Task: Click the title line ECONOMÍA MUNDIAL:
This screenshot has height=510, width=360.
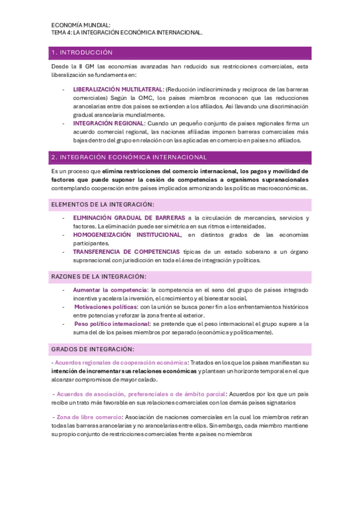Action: pos(81,25)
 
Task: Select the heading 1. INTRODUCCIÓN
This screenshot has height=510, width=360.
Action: pos(82,52)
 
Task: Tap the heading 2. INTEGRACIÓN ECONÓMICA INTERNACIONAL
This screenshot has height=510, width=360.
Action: pos(129,157)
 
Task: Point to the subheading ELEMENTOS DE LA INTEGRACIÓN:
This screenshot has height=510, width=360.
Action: pos(102,204)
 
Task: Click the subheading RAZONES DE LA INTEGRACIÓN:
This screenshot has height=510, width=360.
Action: pos(99,276)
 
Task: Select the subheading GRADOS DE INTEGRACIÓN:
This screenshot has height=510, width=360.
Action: pos(93,349)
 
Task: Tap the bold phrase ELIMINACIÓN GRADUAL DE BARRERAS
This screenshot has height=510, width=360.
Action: pos(129,218)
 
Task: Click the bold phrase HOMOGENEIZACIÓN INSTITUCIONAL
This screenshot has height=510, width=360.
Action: pos(126,235)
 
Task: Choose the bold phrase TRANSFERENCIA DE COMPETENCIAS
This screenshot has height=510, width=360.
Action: pos(126,251)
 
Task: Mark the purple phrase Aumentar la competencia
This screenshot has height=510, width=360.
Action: pos(109,290)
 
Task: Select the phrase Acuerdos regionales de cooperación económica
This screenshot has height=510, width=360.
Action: pos(120,363)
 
